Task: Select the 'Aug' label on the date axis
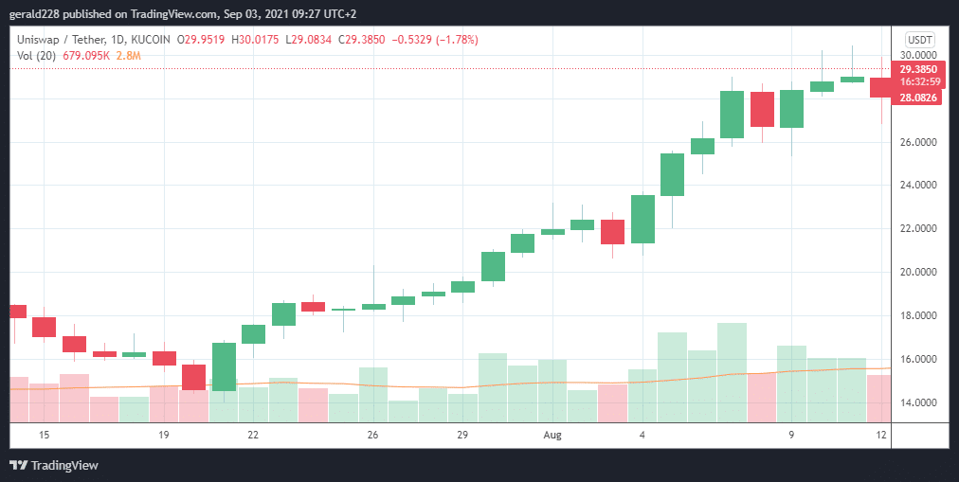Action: [x=552, y=435]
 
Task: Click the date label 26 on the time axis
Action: [x=372, y=435]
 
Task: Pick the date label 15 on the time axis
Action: [x=43, y=435]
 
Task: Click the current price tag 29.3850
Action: [x=918, y=69]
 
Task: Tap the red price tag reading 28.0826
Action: [x=917, y=98]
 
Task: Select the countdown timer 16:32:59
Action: [x=918, y=82]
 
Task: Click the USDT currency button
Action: [x=919, y=39]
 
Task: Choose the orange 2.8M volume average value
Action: [x=129, y=56]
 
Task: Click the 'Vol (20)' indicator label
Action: [x=37, y=56]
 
